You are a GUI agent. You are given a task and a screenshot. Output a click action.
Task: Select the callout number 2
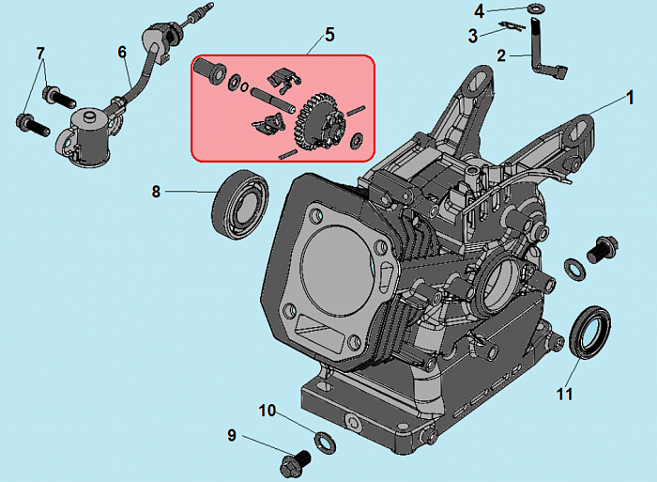point(502,55)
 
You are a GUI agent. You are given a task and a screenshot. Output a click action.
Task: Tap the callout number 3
point(474,36)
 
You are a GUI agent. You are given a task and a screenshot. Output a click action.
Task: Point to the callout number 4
point(479,11)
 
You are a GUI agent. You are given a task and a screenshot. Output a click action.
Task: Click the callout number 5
point(329,35)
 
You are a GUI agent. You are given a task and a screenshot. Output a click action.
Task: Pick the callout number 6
point(122,53)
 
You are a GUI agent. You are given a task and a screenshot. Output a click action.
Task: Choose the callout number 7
point(40,53)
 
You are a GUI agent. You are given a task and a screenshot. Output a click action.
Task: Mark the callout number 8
point(157,193)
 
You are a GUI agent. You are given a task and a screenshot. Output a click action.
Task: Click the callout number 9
point(232,435)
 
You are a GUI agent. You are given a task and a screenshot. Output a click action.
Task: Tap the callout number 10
point(267,411)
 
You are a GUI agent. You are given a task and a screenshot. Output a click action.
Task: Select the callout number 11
point(564,395)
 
